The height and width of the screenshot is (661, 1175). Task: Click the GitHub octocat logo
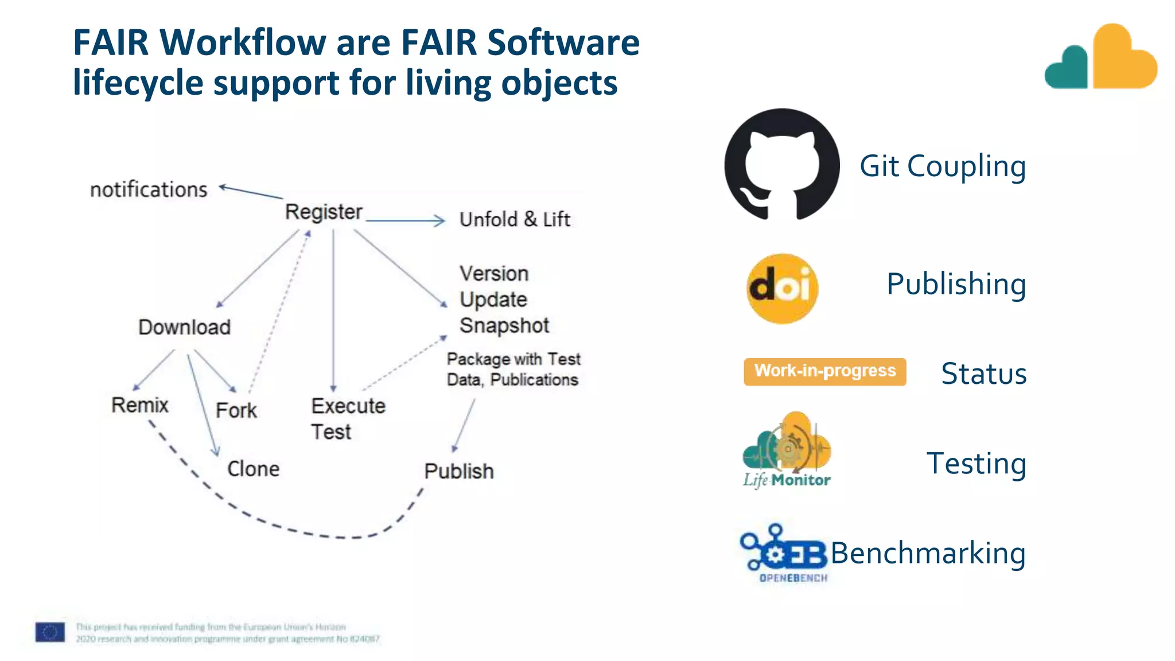pyautogui.click(x=781, y=165)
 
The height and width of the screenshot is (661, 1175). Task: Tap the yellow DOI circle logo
pyautogui.click(x=782, y=289)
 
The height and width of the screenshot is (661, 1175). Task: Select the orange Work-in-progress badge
pyautogui.click(x=824, y=371)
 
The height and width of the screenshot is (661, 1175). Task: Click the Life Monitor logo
pyautogui.click(x=787, y=450)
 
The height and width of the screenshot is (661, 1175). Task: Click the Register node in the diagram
pyautogui.click(x=324, y=212)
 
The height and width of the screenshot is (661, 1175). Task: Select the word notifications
pyautogui.click(x=149, y=189)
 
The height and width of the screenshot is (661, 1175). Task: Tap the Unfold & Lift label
pyautogui.click(x=515, y=219)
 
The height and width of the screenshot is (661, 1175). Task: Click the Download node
pyautogui.click(x=184, y=327)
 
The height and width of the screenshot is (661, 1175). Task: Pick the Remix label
pyautogui.click(x=139, y=405)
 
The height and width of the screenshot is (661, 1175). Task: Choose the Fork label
pyautogui.click(x=236, y=411)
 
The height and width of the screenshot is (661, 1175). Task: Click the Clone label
pyautogui.click(x=253, y=469)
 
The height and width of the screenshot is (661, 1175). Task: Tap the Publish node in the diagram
pyautogui.click(x=458, y=471)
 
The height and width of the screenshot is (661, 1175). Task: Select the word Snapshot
pyautogui.click(x=504, y=325)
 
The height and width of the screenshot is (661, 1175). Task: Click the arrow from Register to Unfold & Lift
pyautogui.click(x=405, y=220)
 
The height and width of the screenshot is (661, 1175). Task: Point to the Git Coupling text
pyautogui.click(x=942, y=166)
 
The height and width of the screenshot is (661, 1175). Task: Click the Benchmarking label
pyautogui.click(x=928, y=553)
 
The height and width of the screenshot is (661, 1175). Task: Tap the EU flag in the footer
pyautogui.click(x=50, y=632)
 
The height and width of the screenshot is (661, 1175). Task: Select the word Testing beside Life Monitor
pyautogui.click(x=976, y=463)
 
